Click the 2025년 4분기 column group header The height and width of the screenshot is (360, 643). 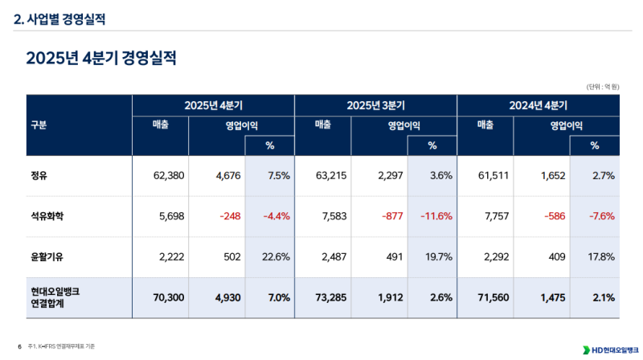tap(213, 105)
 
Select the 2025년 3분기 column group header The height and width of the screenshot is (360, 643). tap(375, 105)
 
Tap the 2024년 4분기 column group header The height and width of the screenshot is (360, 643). tap(538, 105)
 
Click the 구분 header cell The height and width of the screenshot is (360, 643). tap(39, 125)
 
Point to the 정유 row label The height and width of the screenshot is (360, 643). tap(38, 175)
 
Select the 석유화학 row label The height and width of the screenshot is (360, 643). tap(45, 215)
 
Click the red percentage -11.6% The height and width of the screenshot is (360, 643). tap(435, 215)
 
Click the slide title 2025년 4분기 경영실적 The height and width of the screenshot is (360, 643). tap(100, 58)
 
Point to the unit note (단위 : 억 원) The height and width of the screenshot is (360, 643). tap(602, 86)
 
